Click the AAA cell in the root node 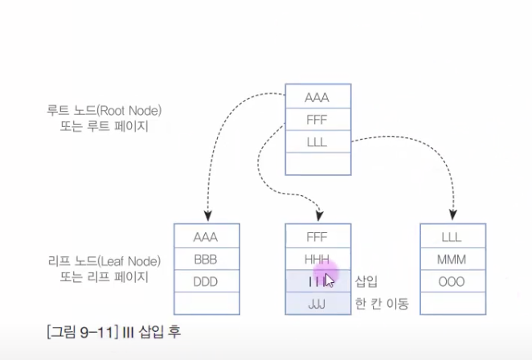[317, 99]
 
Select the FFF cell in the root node [317, 121]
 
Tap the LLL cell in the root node [317, 142]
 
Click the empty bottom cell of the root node [317, 163]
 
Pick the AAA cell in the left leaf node [207, 237]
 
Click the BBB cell [207, 260]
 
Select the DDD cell [207, 282]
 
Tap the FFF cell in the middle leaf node [317, 237]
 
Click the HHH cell [317, 260]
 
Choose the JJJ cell [317, 304]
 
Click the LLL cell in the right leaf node [452, 237]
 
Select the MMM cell [452, 260]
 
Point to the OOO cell [452, 282]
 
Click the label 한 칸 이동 [382, 304]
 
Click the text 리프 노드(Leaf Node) [104, 261]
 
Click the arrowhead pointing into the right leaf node [452, 215]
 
